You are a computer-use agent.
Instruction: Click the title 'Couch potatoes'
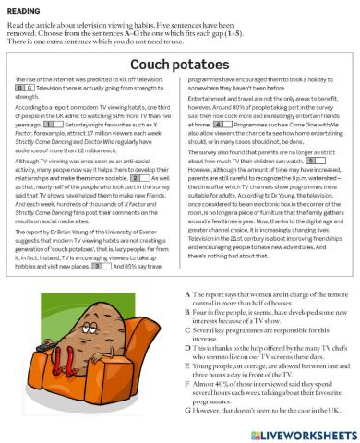(180, 66)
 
